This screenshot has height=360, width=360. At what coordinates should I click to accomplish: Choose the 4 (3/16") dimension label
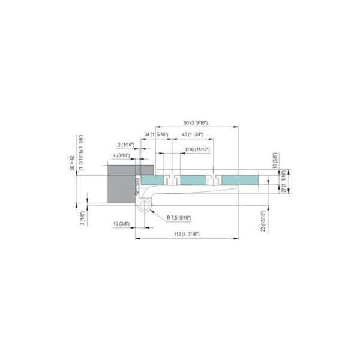pyautogui.click(x=122, y=155)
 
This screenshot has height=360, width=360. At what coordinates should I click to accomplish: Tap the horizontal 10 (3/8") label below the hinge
pyautogui.click(x=121, y=224)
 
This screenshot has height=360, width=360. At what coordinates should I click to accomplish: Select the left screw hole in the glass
pyautogui.click(x=171, y=180)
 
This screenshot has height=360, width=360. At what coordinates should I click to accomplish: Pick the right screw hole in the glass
pyautogui.click(x=211, y=180)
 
